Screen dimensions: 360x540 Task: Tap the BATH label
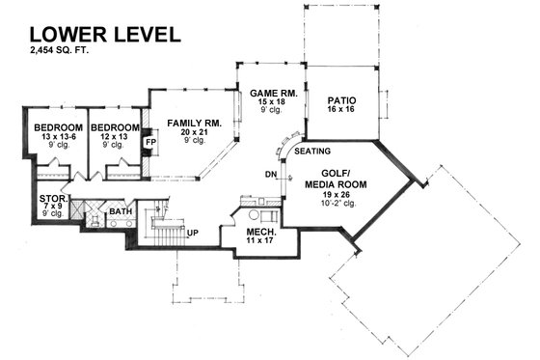click(121, 210)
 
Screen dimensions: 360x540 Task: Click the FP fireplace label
click(149, 142)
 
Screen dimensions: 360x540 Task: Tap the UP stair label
click(192, 233)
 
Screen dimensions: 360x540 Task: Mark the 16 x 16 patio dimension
click(342, 111)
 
